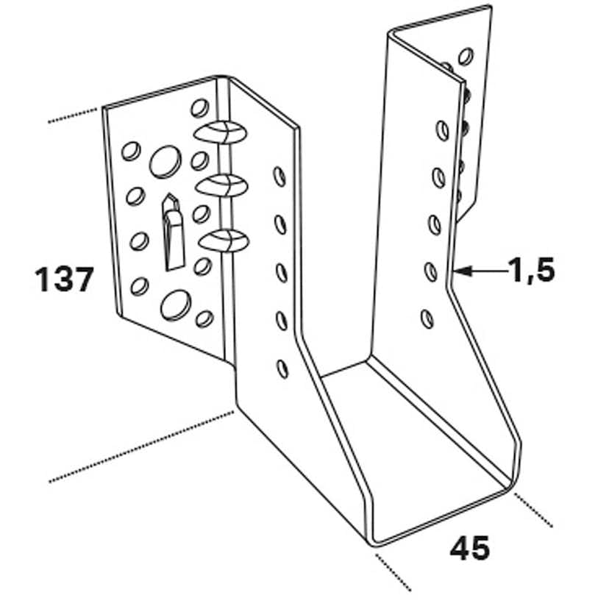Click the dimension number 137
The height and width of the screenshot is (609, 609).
coord(65,279)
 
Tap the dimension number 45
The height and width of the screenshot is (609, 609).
coord(469,548)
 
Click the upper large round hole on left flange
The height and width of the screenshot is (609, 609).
coord(165,162)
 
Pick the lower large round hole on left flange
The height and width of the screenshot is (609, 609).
coord(176,305)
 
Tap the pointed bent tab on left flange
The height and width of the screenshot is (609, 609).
coord(172,232)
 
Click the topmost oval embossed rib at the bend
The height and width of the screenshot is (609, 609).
coord(220,132)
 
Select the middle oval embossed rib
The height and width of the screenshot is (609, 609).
coord(222,185)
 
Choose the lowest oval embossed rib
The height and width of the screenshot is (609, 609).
coord(224,241)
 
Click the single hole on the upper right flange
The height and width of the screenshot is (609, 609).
coord(466,57)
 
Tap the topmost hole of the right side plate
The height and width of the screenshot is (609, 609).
coord(442,130)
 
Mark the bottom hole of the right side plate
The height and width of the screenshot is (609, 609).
coord(427,319)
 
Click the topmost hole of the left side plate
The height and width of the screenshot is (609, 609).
coord(279,177)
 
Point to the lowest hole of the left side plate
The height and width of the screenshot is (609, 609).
coord(282,369)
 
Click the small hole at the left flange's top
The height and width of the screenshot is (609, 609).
coord(200,108)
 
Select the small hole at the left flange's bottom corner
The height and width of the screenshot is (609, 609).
coord(204,319)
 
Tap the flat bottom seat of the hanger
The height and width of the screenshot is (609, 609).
coord(413,446)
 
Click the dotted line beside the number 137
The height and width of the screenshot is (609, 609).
coord(72,115)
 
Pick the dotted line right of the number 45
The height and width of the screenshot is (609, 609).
coord(533,510)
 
